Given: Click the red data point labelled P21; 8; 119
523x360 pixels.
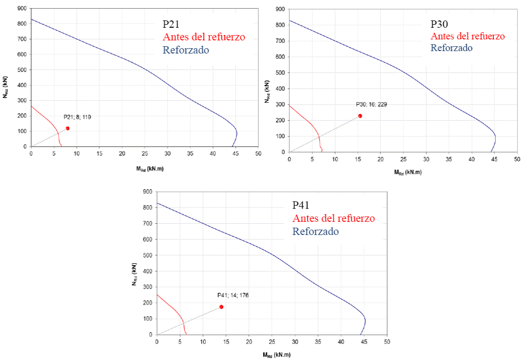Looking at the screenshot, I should pyautogui.click(x=68, y=128).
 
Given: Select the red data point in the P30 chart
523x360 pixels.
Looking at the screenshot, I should pyautogui.click(x=360, y=116).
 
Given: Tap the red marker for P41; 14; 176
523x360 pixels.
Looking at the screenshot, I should pyautogui.click(x=221, y=307).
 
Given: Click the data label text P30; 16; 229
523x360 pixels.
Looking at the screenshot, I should pyautogui.click(x=372, y=105).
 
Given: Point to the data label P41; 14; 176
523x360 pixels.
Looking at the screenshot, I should pyautogui.click(x=233, y=295).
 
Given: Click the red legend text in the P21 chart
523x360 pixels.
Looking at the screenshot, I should pyautogui.click(x=204, y=37).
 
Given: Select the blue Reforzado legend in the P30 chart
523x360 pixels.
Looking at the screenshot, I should pyautogui.click(x=451, y=48).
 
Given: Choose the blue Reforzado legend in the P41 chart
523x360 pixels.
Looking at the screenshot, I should pyautogui.click(x=315, y=231).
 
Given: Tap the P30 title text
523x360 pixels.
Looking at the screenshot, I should pyautogui.click(x=440, y=24).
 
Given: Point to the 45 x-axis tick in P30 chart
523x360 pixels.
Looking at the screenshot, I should pyautogui.click(x=494, y=159).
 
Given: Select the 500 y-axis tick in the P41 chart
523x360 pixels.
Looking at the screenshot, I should pyautogui.click(x=147, y=255).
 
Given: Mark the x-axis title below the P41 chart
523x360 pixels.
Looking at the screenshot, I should pyautogui.click(x=271, y=355).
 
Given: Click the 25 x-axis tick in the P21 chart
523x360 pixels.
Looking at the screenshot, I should pyautogui.click(x=144, y=154).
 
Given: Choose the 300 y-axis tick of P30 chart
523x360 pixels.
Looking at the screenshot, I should pyautogui.click(x=280, y=105).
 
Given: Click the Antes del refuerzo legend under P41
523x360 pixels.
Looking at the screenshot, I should pyautogui.click(x=333, y=218).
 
